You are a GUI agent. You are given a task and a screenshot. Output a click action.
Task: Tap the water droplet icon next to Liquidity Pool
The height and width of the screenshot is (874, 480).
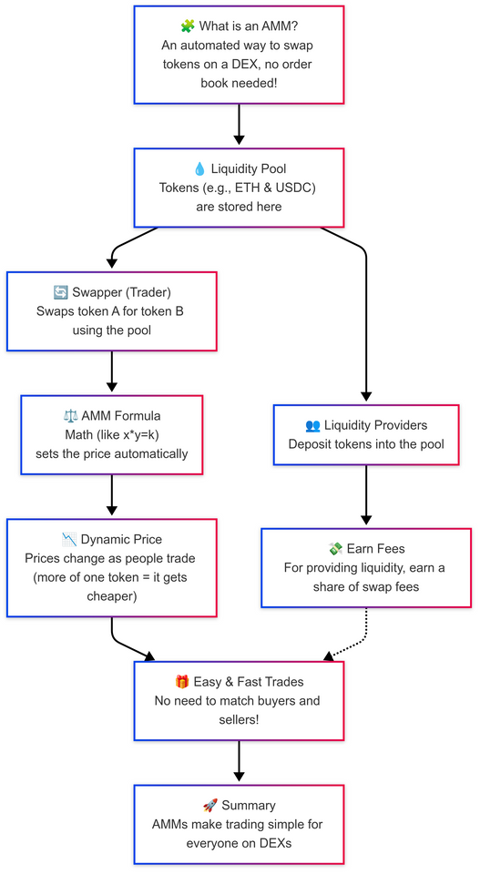[x=199, y=168]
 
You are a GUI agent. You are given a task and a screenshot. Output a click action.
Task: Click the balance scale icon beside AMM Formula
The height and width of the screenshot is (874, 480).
[x=71, y=415]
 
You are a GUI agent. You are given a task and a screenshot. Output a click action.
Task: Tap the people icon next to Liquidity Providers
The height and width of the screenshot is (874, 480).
[x=313, y=425]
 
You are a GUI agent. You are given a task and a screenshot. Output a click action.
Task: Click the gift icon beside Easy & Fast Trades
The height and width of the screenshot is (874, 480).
[x=182, y=682]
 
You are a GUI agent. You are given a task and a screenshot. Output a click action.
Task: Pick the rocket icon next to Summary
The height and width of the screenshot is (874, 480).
[x=209, y=806]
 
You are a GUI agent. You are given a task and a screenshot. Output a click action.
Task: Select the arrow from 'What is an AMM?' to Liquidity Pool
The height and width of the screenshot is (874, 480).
[x=240, y=125]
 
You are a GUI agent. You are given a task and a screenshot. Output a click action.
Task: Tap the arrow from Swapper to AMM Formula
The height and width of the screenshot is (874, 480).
[x=112, y=372]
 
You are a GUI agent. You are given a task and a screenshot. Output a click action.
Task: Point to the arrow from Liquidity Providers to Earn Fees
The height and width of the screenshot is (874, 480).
[x=366, y=496]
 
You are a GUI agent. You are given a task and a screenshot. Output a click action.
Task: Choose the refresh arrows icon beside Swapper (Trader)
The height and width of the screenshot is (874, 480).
[x=61, y=292]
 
